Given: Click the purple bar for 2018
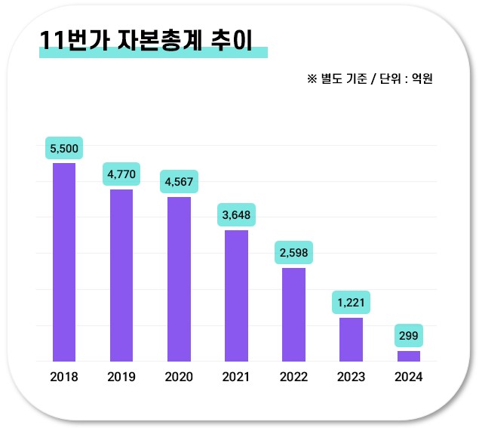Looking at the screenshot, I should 64,262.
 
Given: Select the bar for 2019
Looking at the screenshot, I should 121,275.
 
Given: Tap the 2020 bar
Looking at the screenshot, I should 179,279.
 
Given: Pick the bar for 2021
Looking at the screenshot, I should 236,295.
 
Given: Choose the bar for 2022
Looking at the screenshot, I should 293,314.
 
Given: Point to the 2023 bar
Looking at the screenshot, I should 351,339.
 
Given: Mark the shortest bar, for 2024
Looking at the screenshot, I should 408,356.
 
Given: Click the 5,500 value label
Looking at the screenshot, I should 64,149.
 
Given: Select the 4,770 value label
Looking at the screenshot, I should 121,175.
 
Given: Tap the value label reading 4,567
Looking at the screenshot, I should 179,182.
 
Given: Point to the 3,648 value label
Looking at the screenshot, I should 236,215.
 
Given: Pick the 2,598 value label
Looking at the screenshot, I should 293,253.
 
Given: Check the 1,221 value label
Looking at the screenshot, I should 351,303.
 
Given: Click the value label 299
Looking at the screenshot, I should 408,336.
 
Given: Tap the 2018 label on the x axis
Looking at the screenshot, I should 64,377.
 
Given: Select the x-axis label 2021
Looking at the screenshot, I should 236,377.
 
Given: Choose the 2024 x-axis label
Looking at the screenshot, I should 408,377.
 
